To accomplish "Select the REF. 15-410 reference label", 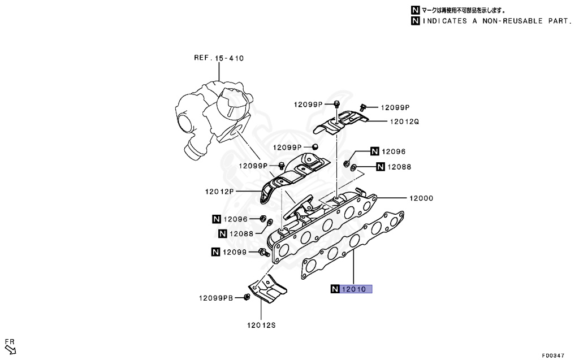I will [x=219, y=58].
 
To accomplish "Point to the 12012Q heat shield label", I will [x=404, y=122].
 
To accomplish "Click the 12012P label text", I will [x=219, y=192].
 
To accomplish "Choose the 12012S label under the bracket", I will [x=261, y=324].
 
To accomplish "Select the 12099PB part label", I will [x=215, y=298].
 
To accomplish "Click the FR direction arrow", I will [x=11, y=349].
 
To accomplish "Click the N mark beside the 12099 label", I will [x=216, y=252].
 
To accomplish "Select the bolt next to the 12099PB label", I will [x=247, y=297].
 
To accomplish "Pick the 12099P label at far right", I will [x=395, y=107].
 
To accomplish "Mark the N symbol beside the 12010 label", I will [x=335, y=289].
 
